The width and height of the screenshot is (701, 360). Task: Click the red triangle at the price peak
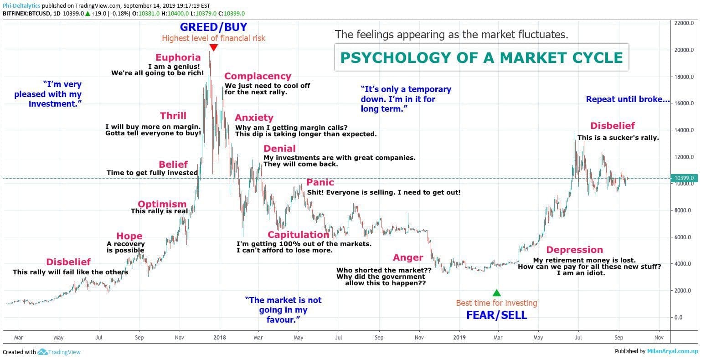point(213,47)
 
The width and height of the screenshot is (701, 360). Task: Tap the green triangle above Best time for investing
point(497,293)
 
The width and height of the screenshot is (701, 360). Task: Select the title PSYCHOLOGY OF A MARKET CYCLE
point(481,57)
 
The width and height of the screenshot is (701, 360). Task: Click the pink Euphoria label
point(178,57)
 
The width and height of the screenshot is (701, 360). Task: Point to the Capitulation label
point(298,235)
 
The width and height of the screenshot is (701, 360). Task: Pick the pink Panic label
point(320,182)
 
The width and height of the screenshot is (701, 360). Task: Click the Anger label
point(408,257)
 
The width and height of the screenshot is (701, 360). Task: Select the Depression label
point(574,250)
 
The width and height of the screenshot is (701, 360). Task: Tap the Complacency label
point(258,76)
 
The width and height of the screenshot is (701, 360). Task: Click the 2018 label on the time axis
point(220,338)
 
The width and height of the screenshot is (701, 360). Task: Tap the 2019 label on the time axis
point(459,338)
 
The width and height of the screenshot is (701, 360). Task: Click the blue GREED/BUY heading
point(213,27)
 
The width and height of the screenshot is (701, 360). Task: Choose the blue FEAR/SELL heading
point(496,315)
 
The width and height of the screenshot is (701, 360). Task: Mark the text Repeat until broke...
point(628,99)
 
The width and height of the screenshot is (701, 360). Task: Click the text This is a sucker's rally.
point(618,138)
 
